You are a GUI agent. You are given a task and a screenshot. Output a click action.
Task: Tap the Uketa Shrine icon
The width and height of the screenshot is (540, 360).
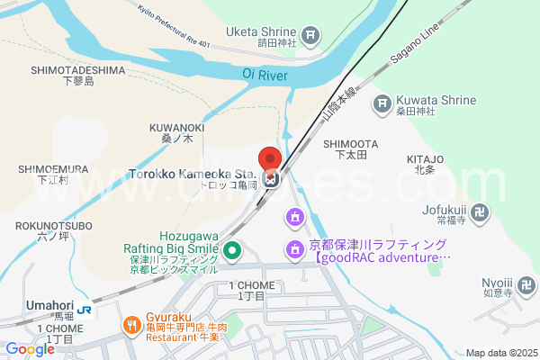tap(310, 36)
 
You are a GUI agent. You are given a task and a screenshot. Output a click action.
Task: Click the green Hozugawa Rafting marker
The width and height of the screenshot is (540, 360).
tap(232, 250)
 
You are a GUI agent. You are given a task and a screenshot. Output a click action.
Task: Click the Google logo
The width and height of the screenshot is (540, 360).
tap(30, 348)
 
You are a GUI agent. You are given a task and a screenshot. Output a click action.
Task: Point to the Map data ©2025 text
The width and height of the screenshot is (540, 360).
tap(499, 353)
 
